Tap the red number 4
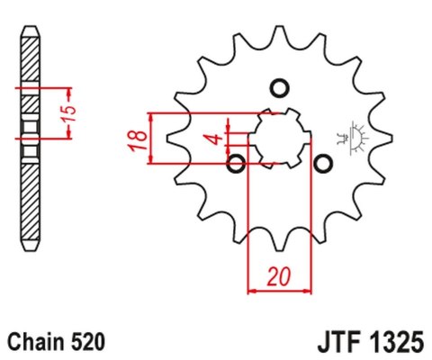tap(212, 139)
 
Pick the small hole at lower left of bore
tap(237, 164)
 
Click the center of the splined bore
tap(279, 139)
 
